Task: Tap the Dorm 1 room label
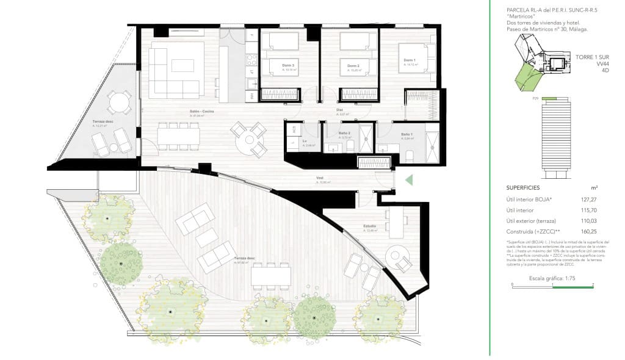(x=409, y=60)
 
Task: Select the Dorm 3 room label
(x=288, y=66)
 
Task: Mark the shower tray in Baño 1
(x=432, y=148)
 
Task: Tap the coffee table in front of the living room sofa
(x=182, y=65)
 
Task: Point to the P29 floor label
(x=535, y=98)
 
